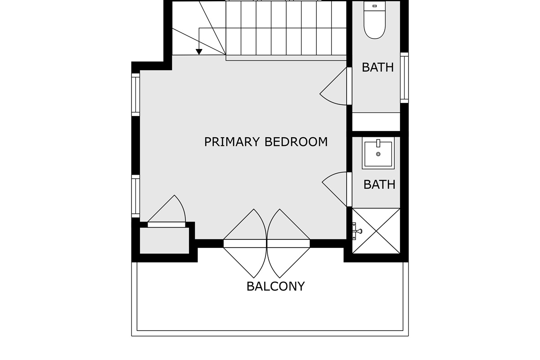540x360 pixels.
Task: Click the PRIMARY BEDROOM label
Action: point(266,142)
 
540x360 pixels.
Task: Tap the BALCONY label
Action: point(275,286)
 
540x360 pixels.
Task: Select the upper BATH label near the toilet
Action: point(378,67)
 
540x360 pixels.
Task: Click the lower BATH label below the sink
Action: point(379,184)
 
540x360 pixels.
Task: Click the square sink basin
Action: point(378,154)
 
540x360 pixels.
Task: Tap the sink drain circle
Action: point(378,154)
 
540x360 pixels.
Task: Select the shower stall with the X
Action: point(376,231)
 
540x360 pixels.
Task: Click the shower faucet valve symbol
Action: point(357,231)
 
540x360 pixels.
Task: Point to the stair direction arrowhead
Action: point(199,52)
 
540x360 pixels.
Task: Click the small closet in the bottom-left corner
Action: point(164,240)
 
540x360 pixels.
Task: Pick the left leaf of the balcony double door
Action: point(245,243)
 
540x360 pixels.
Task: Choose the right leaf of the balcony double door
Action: point(288,243)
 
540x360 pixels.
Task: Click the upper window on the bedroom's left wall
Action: point(135,94)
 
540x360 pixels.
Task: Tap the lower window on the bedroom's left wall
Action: point(135,196)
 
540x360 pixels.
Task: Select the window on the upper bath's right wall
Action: point(404,78)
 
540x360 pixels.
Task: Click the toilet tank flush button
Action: point(374,6)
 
